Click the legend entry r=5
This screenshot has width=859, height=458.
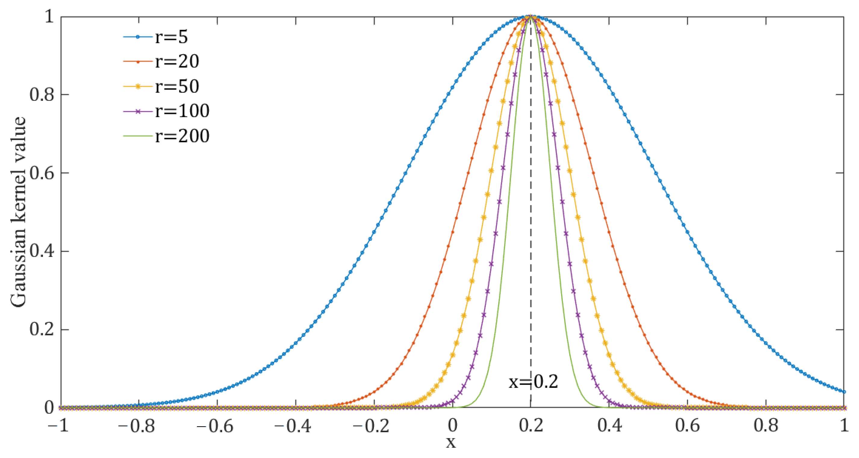pyautogui.click(x=171, y=37)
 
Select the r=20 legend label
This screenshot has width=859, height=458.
pyautogui.click(x=177, y=61)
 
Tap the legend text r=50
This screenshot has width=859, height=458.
pyautogui.click(x=177, y=86)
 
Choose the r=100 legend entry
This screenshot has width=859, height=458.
pyautogui.click(x=182, y=111)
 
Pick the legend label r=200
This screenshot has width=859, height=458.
pyautogui.click(x=182, y=136)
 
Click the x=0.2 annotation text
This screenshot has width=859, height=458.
pyautogui.click(x=533, y=382)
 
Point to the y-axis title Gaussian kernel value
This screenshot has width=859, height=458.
pyautogui.click(x=18, y=212)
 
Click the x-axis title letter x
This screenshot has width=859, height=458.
pyautogui.click(x=451, y=442)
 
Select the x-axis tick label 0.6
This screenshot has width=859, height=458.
pyautogui.click(x=688, y=426)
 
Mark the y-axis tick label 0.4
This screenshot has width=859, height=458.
pyautogui.click(x=42, y=251)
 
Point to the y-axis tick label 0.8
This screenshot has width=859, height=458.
pyautogui.click(x=42, y=95)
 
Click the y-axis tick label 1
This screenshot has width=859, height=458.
pyautogui.click(x=49, y=16)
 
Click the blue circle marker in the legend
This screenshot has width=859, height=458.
pyautogui.click(x=138, y=37)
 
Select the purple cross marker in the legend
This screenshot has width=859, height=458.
pyautogui.click(x=138, y=111)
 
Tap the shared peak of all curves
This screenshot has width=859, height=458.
pyautogui.click(x=531, y=17)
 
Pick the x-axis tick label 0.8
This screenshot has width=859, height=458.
pyautogui.click(x=766, y=426)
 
